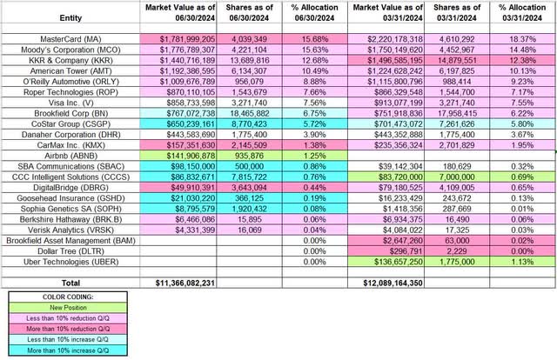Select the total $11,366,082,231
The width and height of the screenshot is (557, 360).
pos(190,283)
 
